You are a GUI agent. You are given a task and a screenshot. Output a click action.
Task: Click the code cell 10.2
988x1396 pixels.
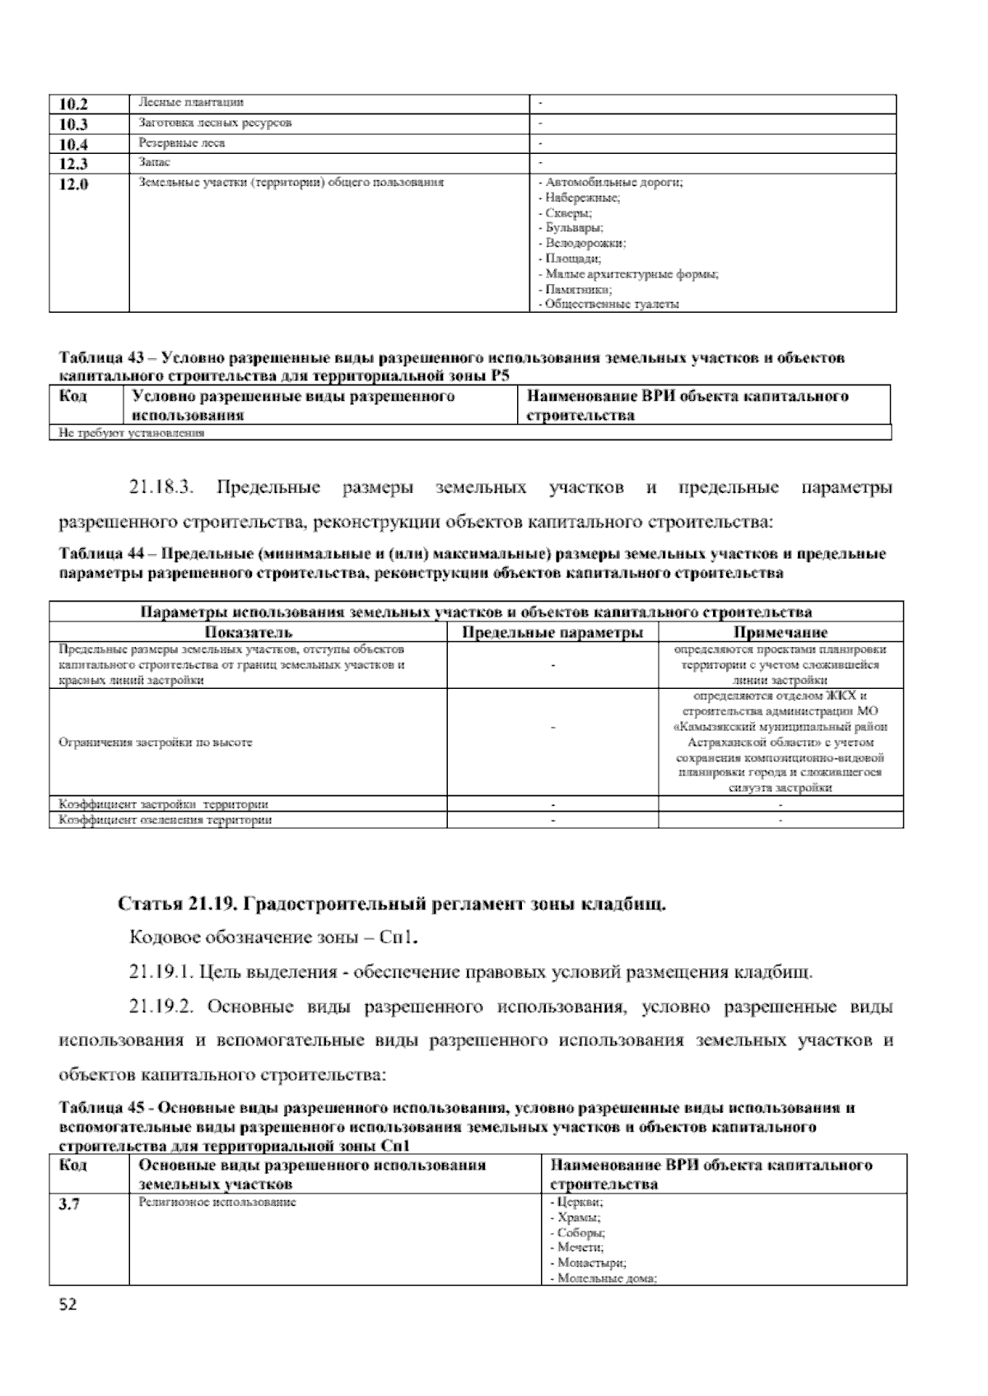pyautogui.click(x=73, y=104)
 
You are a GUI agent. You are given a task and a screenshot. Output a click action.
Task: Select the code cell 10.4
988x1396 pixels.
pyautogui.click(x=73, y=144)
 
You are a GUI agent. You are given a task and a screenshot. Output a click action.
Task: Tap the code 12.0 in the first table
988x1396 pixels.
pyautogui.click(x=73, y=184)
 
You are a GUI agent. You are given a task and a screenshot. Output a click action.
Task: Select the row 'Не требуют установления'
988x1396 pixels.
pyautogui.click(x=131, y=433)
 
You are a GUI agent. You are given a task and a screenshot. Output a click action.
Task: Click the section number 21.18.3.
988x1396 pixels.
pyautogui.click(x=161, y=488)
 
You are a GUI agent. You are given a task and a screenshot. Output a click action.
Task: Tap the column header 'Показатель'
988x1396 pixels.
pyautogui.click(x=248, y=633)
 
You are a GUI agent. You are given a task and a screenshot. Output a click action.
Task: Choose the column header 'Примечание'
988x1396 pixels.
pyautogui.click(x=780, y=633)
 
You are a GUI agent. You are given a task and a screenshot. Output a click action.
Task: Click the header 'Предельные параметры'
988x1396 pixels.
pyautogui.click(x=552, y=633)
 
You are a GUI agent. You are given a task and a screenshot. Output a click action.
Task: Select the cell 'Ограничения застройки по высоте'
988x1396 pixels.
pyautogui.click(x=156, y=742)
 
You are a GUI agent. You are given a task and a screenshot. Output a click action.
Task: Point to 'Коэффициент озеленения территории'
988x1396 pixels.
pyautogui.click(x=165, y=821)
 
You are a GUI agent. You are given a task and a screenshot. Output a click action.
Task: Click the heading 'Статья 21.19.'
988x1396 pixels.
pyautogui.click(x=177, y=905)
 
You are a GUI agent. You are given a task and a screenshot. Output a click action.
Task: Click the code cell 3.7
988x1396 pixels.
pyautogui.click(x=70, y=1205)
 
